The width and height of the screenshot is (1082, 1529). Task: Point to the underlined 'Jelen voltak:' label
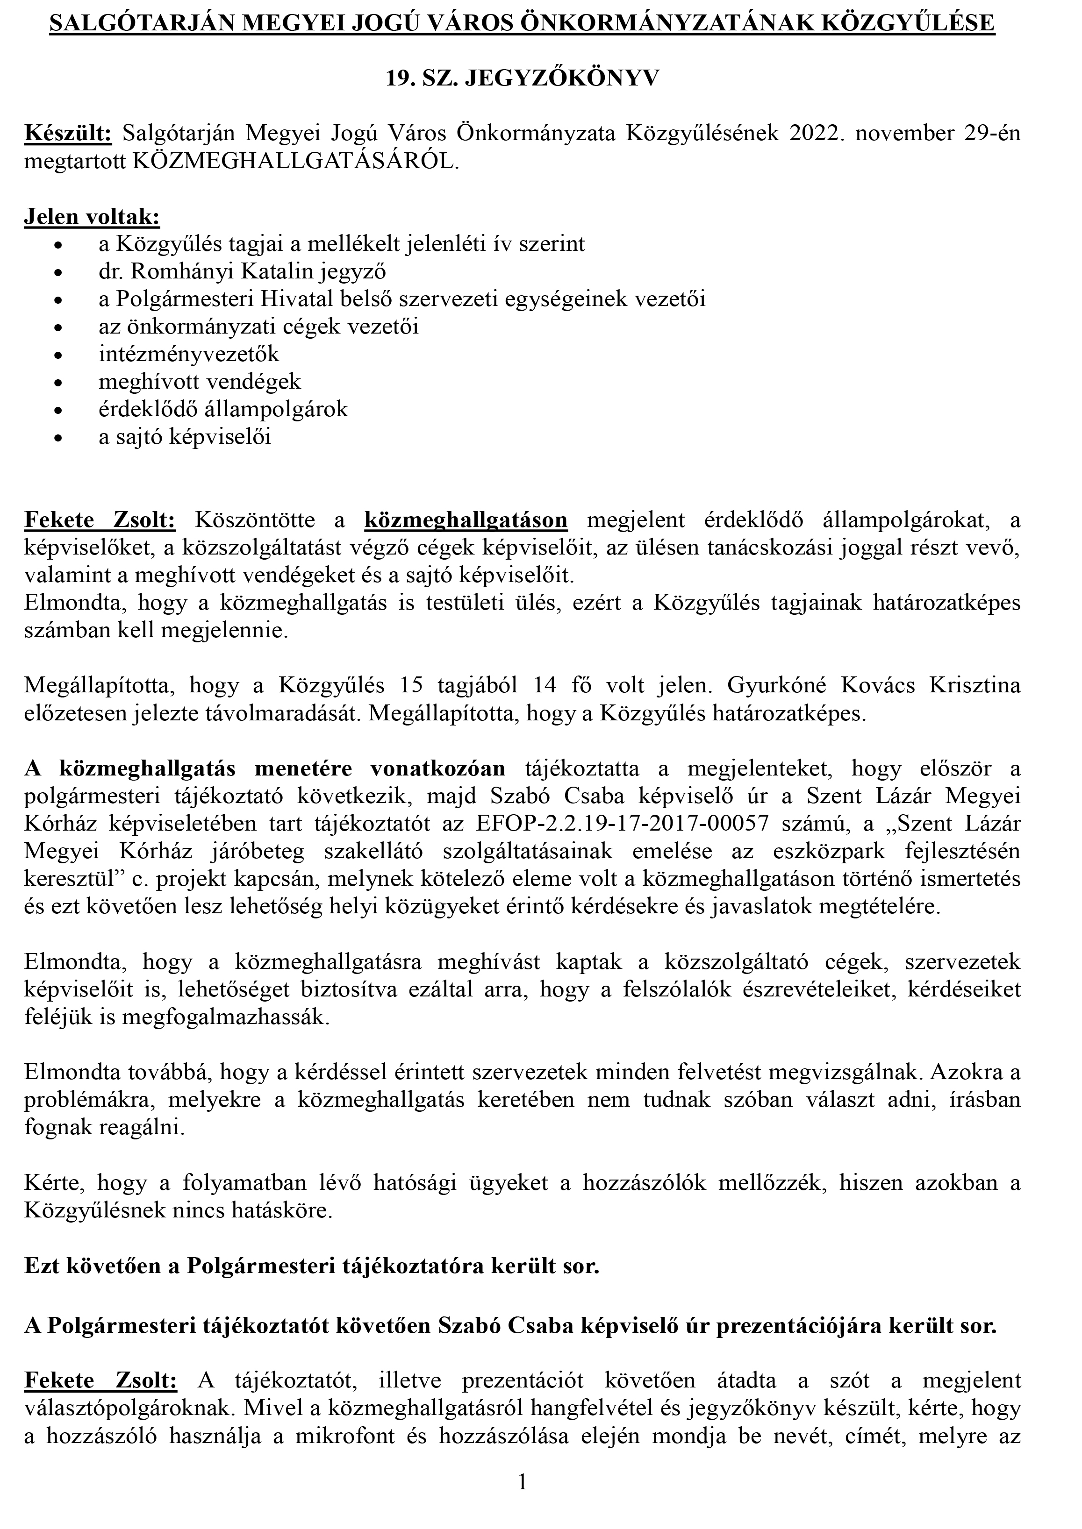coord(92,217)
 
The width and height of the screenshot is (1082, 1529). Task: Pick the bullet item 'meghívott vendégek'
coord(199,382)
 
